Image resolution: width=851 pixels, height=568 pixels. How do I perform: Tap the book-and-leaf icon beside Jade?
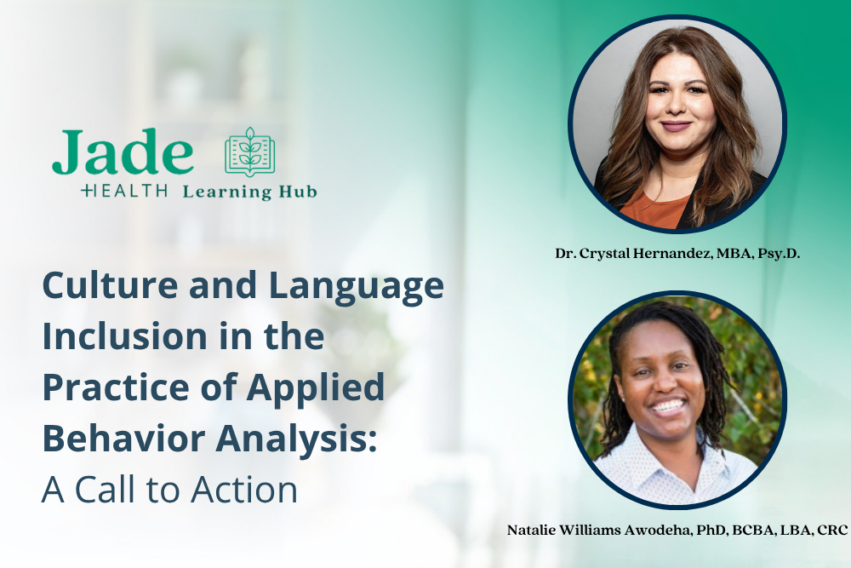coord(250,153)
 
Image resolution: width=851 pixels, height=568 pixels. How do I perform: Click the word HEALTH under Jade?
coord(124,191)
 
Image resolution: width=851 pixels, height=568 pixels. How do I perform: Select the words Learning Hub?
coord(249,192)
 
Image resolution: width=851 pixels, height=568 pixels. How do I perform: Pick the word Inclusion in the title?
coord(130,336)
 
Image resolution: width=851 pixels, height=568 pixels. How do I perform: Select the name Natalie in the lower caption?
coord(534,530)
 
